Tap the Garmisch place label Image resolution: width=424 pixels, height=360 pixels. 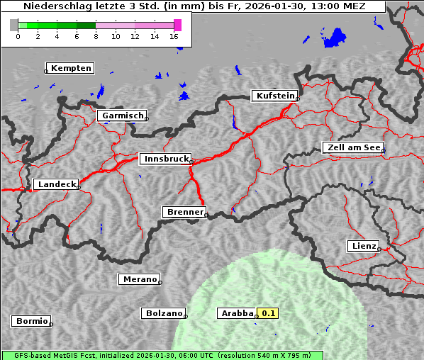pyautogui.click(x=123, y=116)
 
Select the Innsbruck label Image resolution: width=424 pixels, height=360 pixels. pyautogui.click(x=165, y=159)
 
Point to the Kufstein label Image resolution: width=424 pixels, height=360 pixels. pyautogui.click(x=275, y=96)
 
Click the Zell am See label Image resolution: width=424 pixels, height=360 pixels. pyautogui.click(x=353, y=147)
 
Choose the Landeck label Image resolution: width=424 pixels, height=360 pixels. pyautogui.click(x=56, y=184)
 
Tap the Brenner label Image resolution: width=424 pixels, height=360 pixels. pyautogui.click(x=185, y=212)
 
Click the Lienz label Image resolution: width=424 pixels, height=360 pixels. pyautogui.click(x=364, y=246)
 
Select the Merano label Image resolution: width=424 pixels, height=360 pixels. pyautogui.click(x=139, y=280)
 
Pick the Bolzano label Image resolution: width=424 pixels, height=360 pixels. pyautogui.click(x=164, y=313)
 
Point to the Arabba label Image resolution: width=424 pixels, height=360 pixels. pyautogui.click(x=236, y=313)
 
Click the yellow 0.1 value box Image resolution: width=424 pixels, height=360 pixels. pyautogui.click(x=269, y=313)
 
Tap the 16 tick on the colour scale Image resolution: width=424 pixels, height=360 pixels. pyautogui.click(x=174, y=36)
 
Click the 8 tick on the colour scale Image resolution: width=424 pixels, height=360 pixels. pyautogui.click(x=96, y=36)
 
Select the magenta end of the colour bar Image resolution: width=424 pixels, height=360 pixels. pyautogui.click(x=177, y=25)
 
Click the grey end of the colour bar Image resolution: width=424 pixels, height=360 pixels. pyautogui.click(x=14, y=25)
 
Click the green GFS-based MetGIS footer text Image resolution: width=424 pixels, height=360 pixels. pyautogui.click(x=162, y=355)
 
